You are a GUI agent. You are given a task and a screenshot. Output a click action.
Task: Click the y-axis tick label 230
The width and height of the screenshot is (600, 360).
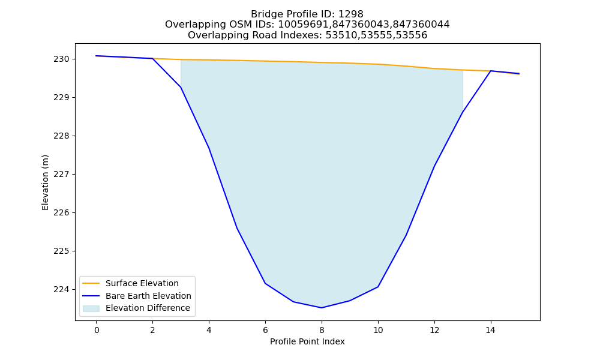pyautogui.click(x=61, y=59)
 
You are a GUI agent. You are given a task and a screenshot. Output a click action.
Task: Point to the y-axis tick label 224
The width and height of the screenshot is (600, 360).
pyautogui.click(x=61, y=290)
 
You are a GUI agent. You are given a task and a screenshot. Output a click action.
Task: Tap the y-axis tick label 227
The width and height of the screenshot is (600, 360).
pyautogui.click(x=61, y=175)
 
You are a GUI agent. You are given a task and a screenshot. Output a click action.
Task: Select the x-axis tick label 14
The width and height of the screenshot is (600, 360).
pyautogui.click(x=491, y=330)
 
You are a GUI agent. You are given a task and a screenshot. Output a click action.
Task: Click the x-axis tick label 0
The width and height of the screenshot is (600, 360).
pyautogui.click(x=97, y=330)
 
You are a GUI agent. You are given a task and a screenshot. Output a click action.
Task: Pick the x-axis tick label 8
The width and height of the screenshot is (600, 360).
pyautogui.click(x=322, y=330)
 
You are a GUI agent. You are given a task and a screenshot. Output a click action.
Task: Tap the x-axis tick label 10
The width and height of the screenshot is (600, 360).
pyautogui.click(x=378, y=330)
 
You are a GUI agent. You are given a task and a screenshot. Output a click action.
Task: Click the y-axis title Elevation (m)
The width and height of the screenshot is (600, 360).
pyautogui.click(x=45, y=182)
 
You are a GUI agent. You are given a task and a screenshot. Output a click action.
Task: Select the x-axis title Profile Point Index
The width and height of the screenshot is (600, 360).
pyautogui.click(x=307, y=341)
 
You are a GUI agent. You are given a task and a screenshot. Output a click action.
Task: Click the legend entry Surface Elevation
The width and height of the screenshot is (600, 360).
pyautogui.click(x=142, y=283)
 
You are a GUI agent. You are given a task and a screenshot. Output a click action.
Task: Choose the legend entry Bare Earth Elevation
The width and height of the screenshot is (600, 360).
pyautogui.click(x=148, y=296)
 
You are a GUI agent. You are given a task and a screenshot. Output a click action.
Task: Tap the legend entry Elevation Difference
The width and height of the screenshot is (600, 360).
pyautogui.click(x=148, y=308)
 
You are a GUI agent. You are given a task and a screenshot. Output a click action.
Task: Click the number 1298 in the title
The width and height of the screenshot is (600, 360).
pyautogui.click(x=351, y=14)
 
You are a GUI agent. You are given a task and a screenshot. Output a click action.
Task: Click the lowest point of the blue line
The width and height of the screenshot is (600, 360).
pyautogui.click(x=322, y=308)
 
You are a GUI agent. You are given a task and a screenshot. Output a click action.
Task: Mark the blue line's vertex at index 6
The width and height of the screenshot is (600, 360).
pyautogui.click(x=265, y=283)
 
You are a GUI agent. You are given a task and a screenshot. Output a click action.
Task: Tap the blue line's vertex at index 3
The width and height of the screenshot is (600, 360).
pyautogui.click(x=181, y=87)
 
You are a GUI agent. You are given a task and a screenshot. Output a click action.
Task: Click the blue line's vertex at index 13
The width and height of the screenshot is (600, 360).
pyautogui.click(x=463, y=112)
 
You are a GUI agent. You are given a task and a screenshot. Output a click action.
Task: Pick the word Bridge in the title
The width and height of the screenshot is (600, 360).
pyautogui.click(x=265, y=14)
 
